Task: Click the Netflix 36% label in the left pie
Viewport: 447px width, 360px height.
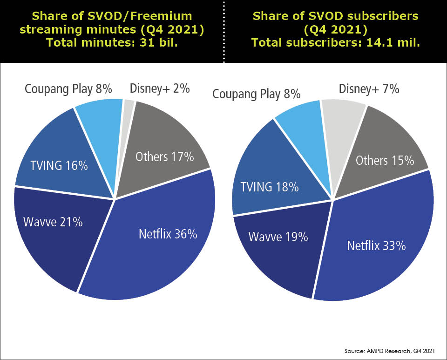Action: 168,234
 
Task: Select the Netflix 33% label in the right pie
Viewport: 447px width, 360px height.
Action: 376,245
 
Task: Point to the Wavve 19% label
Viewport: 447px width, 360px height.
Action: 278,237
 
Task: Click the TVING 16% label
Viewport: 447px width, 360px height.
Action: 60,165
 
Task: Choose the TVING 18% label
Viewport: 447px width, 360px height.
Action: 269,187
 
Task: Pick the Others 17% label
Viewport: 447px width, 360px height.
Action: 164,156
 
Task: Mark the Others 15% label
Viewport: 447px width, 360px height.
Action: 385,160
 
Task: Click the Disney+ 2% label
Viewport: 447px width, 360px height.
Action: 159,88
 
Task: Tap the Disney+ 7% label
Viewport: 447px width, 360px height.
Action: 369,88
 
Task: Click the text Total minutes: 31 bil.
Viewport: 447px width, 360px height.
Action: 112,42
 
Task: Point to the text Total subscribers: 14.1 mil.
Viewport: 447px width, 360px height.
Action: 336,42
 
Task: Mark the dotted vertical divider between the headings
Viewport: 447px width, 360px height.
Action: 223,31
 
